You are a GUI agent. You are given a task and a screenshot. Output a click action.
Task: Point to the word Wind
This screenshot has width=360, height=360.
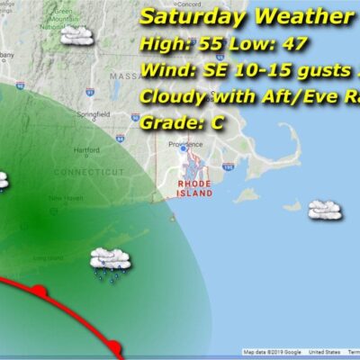tap(165, 69)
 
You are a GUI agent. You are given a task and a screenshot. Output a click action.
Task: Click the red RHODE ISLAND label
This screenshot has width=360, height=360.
tap(194, 186)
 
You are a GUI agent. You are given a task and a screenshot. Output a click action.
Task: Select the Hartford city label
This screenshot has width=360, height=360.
tap(87, 150)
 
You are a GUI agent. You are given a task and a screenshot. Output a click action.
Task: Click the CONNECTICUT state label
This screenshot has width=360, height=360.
tap(88, 172)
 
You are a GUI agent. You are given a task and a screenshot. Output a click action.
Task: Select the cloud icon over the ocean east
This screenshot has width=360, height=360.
tap(324, 210)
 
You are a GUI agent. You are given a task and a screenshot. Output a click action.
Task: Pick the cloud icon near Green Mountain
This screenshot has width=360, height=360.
tap(77, 36)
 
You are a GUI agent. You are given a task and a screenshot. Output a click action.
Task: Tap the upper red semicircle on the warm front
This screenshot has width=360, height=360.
tap(40, 290)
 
